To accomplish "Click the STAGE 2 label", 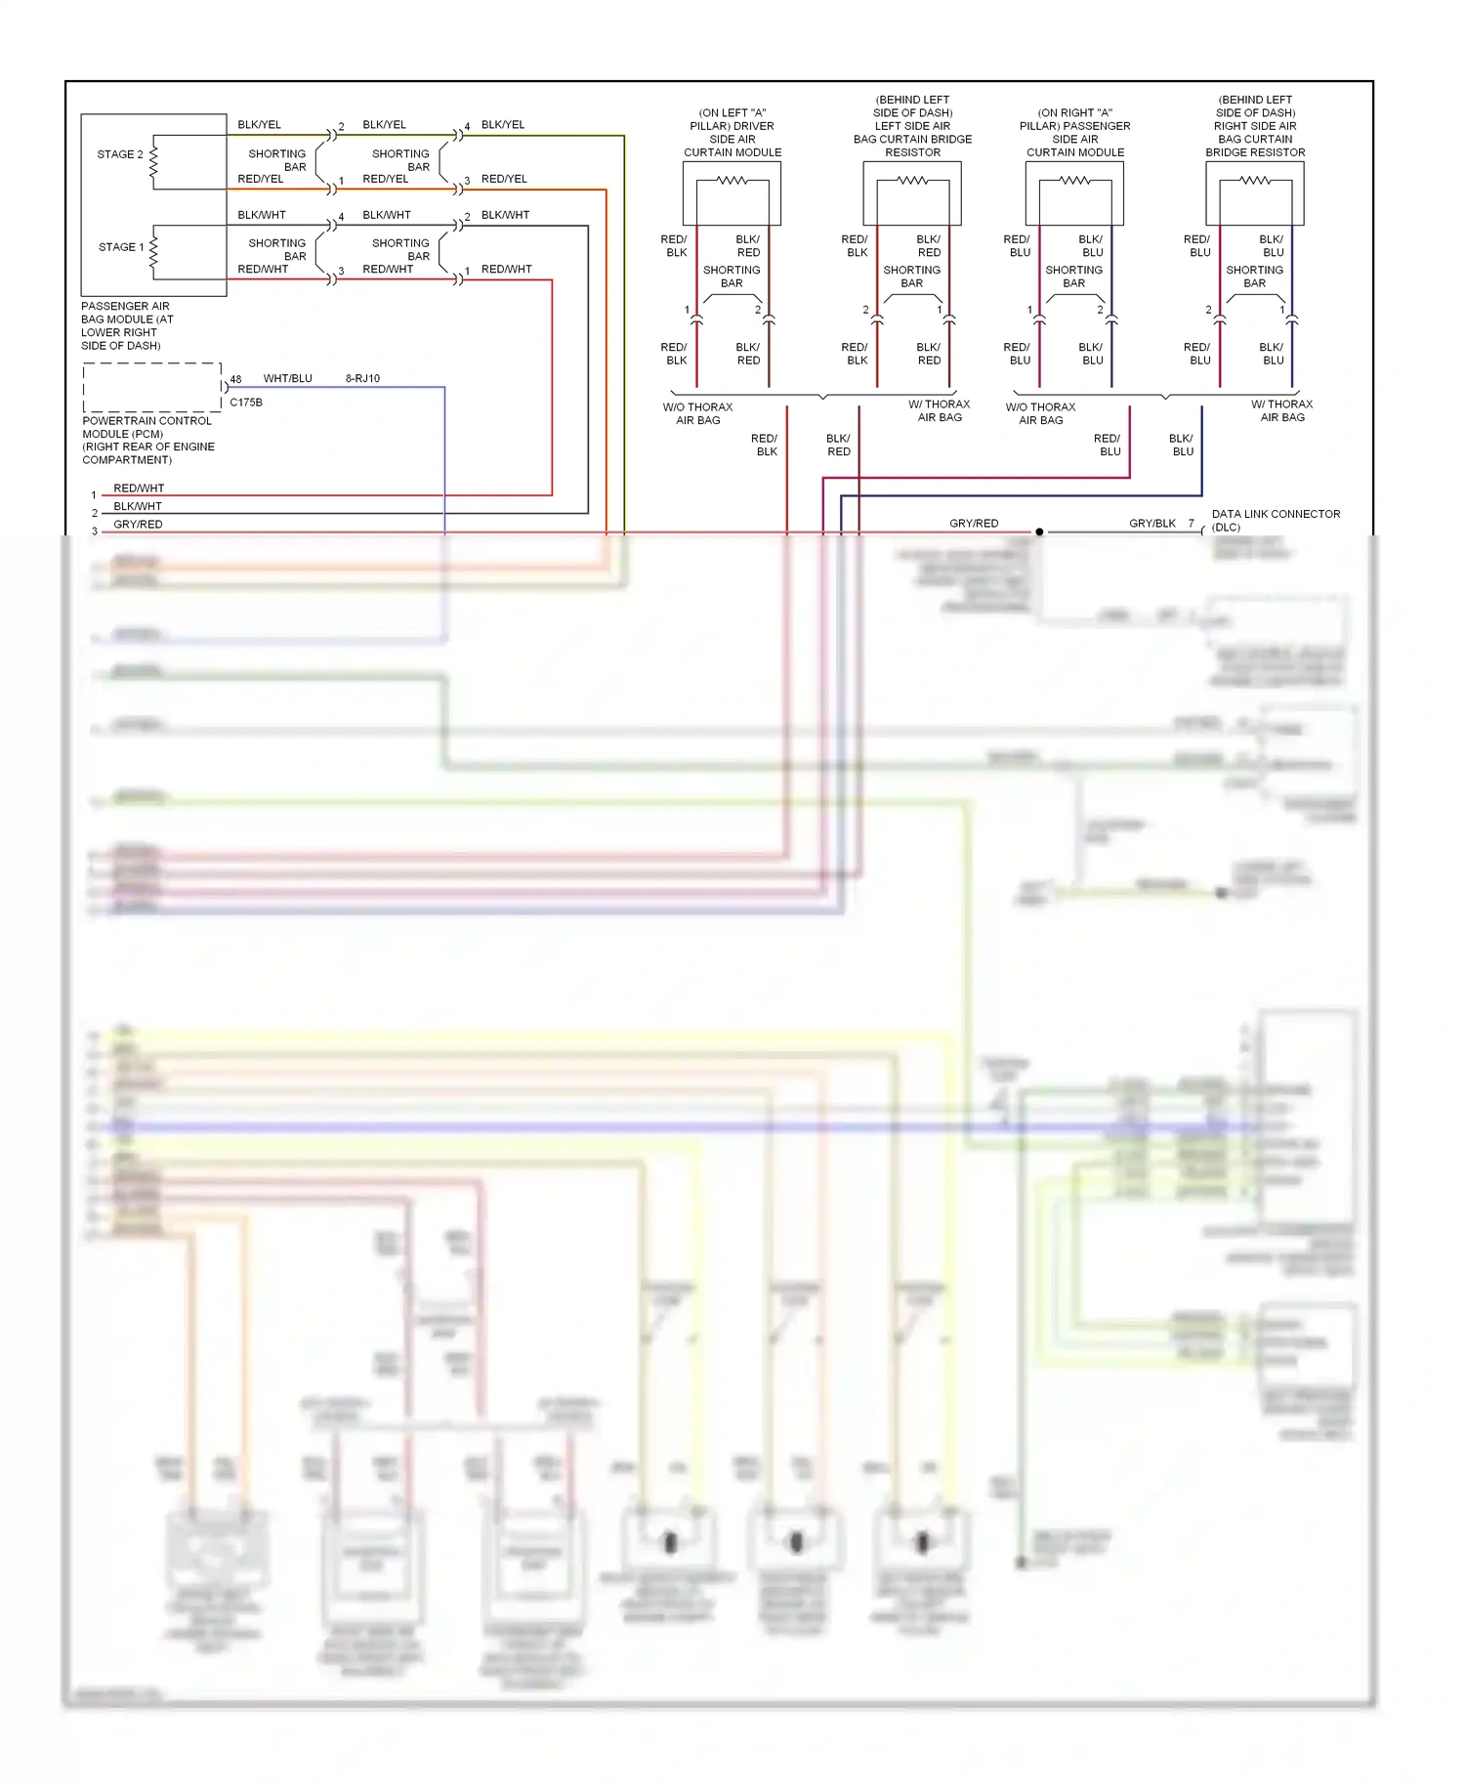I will click(119, 154).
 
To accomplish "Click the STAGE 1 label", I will click(120, 247).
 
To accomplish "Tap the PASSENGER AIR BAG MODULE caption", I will click(127, 325).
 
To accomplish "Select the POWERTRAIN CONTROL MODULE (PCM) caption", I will click(147, 440).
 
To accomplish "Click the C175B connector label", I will click(245, 403).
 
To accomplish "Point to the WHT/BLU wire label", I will click(287, 378).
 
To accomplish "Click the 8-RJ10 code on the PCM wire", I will click(362, 378).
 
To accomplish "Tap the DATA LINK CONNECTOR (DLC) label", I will click(1275, 520).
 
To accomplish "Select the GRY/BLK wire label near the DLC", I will click(1151, 524).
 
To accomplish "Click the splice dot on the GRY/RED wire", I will click(1039, 532).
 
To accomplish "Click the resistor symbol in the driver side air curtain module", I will click(732, 181).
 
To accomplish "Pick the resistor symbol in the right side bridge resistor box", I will click(1255, 181).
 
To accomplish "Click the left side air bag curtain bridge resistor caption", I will click(912, 126).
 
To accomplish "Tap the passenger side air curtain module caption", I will click(1074, 133).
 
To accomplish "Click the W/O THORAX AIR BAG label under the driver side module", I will click(697, 413).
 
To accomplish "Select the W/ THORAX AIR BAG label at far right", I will click(1281, 410).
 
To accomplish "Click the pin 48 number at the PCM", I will click(235, 380).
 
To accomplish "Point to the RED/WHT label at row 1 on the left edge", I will click(139, 489).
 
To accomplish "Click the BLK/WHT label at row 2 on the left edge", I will click(138, 506).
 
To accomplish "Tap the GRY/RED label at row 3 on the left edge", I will click(138, 525).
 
